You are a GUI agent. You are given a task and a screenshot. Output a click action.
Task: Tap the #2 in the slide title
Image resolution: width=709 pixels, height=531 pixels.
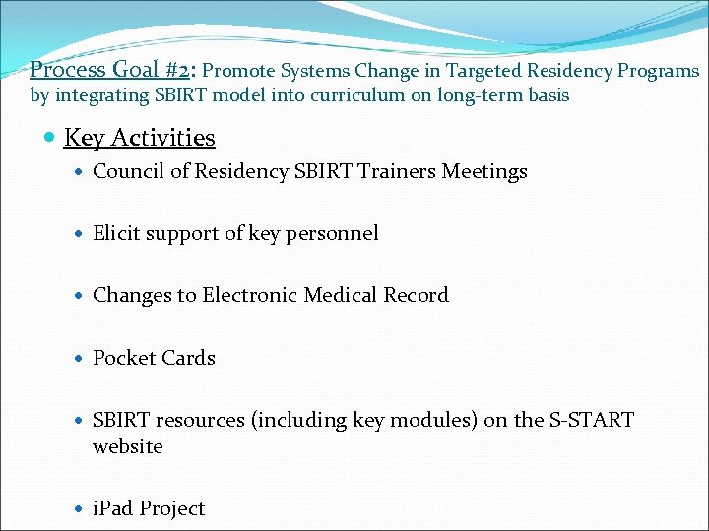click(176, 70)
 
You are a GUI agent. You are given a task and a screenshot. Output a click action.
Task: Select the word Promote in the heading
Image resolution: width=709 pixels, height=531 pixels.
click(241, 71)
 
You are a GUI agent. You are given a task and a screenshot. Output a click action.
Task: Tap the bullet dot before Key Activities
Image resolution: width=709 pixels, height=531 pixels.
click(50, 138)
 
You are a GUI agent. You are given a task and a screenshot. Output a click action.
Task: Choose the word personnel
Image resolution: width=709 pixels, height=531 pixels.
click(335, 233)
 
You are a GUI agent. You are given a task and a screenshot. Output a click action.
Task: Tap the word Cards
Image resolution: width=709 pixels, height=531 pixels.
click(187, 358)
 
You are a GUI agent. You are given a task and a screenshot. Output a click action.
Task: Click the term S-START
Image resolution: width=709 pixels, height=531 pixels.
click(591, 420)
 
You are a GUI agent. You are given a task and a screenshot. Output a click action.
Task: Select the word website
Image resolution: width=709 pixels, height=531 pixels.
click(128, 446)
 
